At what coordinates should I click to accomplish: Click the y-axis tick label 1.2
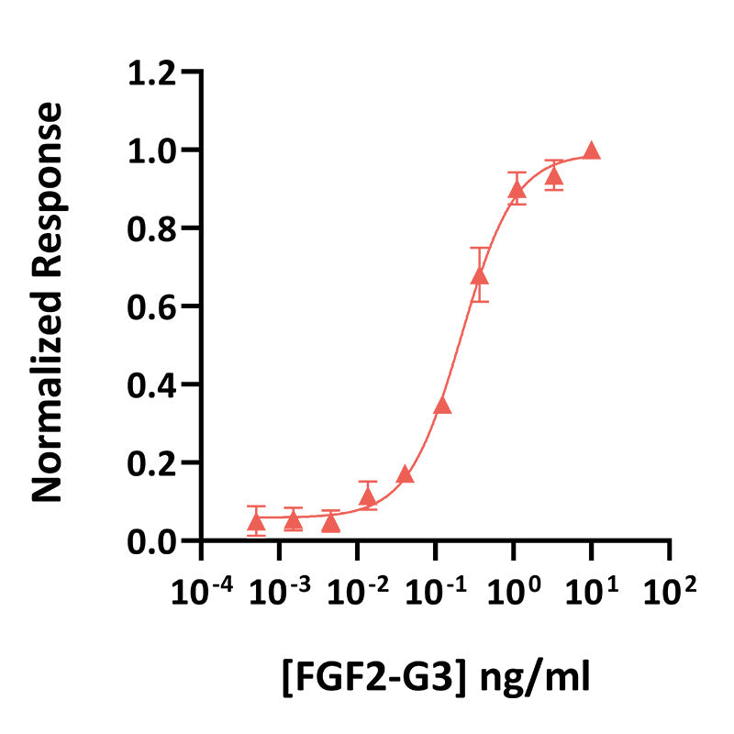tap(152, 72)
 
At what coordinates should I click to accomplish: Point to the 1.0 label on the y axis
tap(152, 150)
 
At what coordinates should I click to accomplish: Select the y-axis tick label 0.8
tap(152, 228)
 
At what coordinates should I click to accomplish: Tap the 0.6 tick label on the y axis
tap(152, 306)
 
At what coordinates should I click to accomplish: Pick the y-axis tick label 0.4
tap(152, 384)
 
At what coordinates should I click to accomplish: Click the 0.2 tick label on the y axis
tap(152, 463)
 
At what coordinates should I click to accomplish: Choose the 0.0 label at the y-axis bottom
tap(152, 541)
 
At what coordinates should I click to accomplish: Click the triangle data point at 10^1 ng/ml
tap(592, 151)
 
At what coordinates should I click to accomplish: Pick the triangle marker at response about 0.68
tap(479, 276)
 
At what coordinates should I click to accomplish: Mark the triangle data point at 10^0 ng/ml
tap(517, 190)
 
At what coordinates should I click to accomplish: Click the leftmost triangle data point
tap(256, 522)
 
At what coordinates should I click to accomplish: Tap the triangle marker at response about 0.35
tap(442, 406)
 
